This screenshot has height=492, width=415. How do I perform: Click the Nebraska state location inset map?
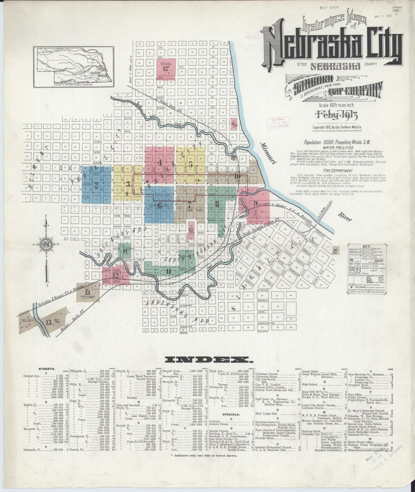tap(74, 67)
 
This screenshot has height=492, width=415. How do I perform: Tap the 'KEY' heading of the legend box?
tap(366, 246)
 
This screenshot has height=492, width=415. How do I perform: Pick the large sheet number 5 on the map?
tap(191, 164)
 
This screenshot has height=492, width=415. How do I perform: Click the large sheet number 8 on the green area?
tap(217, 204)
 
